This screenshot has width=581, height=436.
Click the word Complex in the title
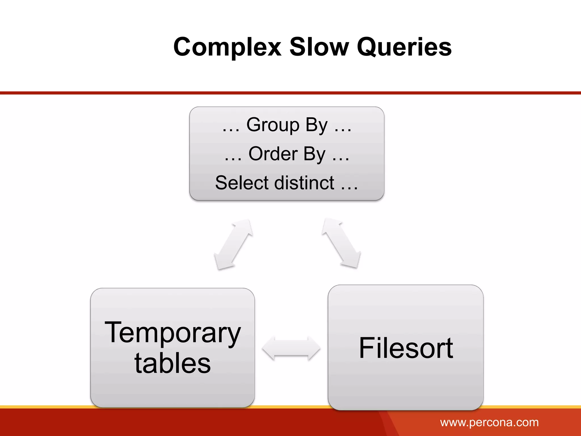pyautogui.click(x=227, y=47)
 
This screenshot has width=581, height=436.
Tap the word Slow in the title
pyautogui.click(x=319, y=47)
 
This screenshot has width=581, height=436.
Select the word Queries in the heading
pyautogui.click(x=404, y=47)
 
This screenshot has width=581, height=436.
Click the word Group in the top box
pyautogui.click(x=273, y=125)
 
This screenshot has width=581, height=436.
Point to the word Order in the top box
pyautogui.click(x=273, y=154)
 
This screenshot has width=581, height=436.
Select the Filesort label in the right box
pyautogui.click(x=406, y=348)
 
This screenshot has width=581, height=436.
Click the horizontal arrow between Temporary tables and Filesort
pyautogui.click(x=291, y=348)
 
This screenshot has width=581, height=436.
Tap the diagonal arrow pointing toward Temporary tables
pyautogui.click(x=233, y=244)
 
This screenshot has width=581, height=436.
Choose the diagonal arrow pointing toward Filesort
pyautogui.click(x=341, y=243)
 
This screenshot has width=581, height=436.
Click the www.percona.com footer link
pyautogui.click(x=489, y=422)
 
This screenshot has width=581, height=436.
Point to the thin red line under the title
pyautogui.click(x=290, y=93)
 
